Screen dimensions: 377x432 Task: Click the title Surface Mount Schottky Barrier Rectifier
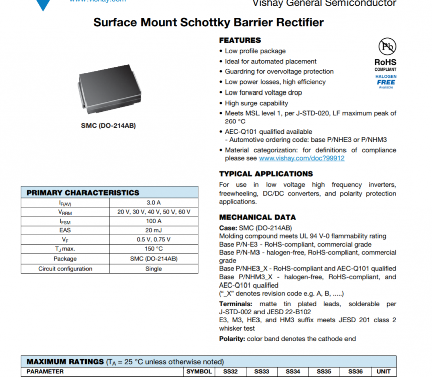pos(208,22)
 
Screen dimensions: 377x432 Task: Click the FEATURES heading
pos(240,40)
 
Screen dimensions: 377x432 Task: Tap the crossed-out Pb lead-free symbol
pos(387,46)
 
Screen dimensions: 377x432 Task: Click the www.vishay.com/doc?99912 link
pos(302,158)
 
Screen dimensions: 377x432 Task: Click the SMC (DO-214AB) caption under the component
pos(108,125)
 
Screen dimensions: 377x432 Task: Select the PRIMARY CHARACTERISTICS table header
pos(83,193)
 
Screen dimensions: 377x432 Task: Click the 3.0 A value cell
pos(153,203)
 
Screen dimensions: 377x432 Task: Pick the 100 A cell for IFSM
pos(153,221)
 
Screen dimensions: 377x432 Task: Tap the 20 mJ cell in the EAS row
pos(153,231)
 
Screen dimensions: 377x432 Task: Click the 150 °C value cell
pos(153,249)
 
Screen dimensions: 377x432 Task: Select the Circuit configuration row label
pos(65,269)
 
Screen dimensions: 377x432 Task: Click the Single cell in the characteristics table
pos(153,269)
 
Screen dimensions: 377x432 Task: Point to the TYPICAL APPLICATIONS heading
pos(266,174)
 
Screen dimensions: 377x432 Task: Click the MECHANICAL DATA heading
pos(257,217)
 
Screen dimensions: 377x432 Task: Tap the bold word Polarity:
pos(232,339)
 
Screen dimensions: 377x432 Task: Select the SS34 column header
pos(293,372)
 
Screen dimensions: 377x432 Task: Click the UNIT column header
pos(384,372)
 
